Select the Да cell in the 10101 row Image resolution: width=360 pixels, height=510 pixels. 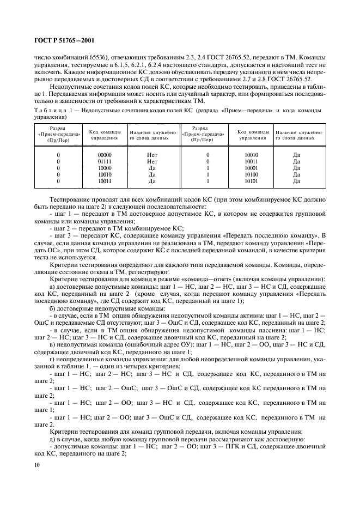point(296,181)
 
